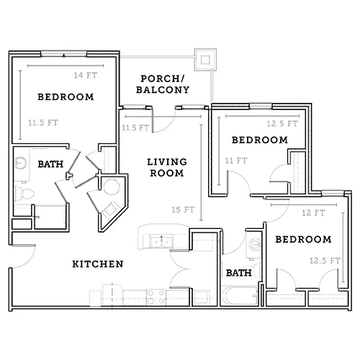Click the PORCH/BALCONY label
[x=163, y=84]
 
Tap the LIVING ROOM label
[x=167, y=168]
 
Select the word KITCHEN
[x=98, y=264]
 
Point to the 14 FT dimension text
[x=86, y=76]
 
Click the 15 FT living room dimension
[x=183, y=210]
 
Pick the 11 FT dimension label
[x=236, y=161]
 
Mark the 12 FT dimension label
[x=314, y=212]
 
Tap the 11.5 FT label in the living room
[x=135, y=127]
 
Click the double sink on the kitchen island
[x=161, y=241]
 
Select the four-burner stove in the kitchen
[x=156, y=297]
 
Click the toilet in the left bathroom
[x=24, y=194]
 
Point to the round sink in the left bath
[x=21, y=163]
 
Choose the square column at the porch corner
[x=205, y=60]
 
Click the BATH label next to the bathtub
[x=239, y=273]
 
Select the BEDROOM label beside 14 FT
[x=66, y=97]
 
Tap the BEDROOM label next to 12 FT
[x=303, y=240]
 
